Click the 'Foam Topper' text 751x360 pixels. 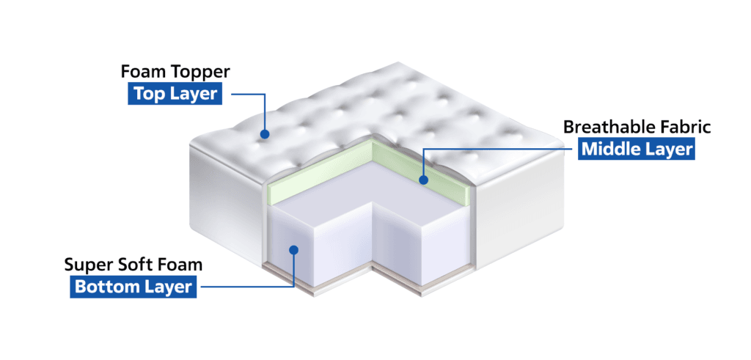pyautogui.click(x=175, y=72)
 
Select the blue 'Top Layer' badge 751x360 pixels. pyautogui.click(x=175, y=94)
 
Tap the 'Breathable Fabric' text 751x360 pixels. pyautogui.click(x=637, y=127)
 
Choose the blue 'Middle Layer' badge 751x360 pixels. pyautogui.click(x=637, y=149)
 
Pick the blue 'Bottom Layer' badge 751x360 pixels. pyautogui.click(x=133, y=287)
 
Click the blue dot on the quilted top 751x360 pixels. pyautogui.click(x=264, y=134)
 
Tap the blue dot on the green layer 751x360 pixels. pyautogui.click(x=423, y=180)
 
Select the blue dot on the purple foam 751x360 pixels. pyautogui.click(x=294, y=249)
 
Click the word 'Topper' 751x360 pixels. pyautogui.click(x=202, y=73)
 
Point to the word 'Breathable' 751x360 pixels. pyautogui.click(x=607, y=127)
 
